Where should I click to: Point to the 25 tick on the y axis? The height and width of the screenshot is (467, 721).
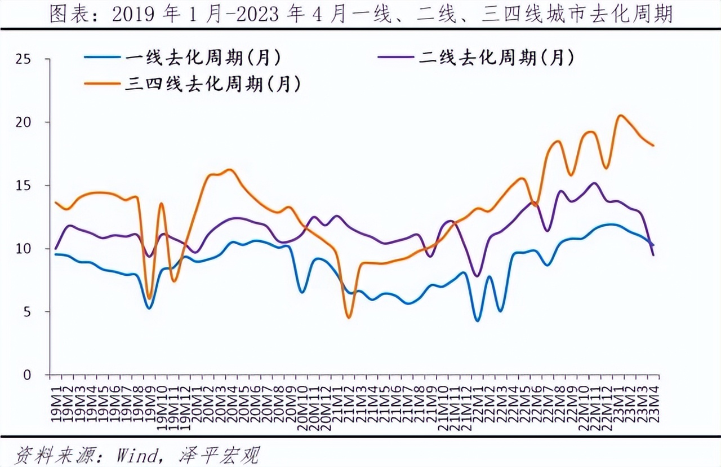pos(25,59)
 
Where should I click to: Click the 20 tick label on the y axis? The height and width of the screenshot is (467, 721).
pos(25,122)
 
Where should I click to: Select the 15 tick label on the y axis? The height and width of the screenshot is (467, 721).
pos(25,186)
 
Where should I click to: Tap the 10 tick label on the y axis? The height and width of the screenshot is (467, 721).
pos(25,249)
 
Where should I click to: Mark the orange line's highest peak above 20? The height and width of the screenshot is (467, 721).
pos(620,116)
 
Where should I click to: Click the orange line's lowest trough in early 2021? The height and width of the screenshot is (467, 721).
pos(349,318)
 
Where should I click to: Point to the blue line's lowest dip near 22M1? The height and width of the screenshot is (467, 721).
pos(478,320)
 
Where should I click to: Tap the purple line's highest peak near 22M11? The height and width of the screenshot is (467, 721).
pos(595,183)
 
